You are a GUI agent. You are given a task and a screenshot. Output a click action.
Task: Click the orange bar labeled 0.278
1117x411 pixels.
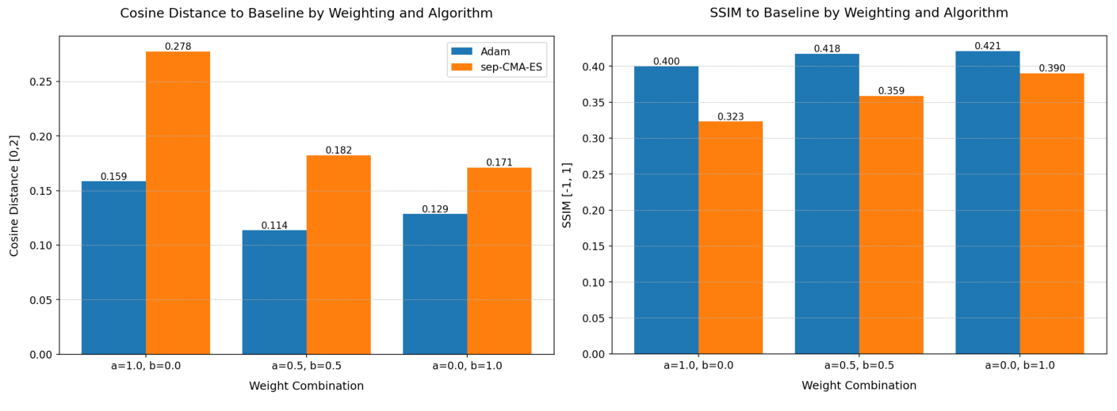tap(178, 203)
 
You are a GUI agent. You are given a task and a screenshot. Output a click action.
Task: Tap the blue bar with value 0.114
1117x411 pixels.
tap(274, 292)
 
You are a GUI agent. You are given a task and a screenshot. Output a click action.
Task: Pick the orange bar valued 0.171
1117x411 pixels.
tap(499, 261)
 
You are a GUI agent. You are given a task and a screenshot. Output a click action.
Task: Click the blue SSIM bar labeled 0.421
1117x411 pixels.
tap(987, 203)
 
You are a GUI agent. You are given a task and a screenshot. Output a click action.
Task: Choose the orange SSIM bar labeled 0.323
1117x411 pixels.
tap(730, 238)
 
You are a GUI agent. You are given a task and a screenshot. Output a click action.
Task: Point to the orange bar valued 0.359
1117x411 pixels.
tap(891, 225)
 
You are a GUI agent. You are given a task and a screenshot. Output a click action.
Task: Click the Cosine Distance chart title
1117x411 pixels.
tap(306, 13)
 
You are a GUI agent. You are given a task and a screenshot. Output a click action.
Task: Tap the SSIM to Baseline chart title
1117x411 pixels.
tap(859, 13)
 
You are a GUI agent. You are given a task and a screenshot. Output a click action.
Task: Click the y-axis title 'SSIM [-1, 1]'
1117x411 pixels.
tap(567, 195)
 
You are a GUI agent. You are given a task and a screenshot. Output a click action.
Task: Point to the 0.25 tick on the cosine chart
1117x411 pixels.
tap(40, 82)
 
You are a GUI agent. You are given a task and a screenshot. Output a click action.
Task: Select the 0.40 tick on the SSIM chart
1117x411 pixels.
tap(592, 67)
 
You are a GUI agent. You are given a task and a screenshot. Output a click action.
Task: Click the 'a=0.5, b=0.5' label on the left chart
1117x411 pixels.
tap(306, 366)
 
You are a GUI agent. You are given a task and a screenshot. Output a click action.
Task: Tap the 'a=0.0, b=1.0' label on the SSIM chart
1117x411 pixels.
tap(1019, 366)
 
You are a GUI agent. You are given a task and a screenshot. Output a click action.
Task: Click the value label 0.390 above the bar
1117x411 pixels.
tap(1052, 69)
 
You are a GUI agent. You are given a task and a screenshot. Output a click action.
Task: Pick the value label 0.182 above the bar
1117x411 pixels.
tap(339, 150)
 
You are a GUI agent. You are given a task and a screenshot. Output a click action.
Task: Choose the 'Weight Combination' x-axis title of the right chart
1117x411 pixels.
tap(859, 386)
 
